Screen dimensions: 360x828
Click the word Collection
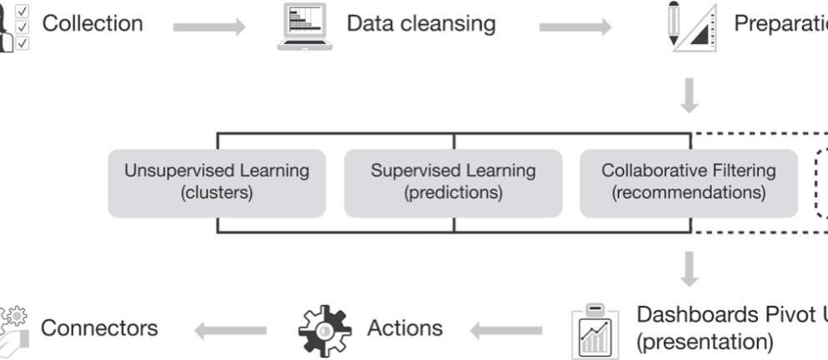92,23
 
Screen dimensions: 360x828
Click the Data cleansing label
420,23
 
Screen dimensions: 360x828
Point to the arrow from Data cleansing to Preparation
575,27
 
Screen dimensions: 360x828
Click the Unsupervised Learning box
217,182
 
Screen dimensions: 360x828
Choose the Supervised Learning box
454,182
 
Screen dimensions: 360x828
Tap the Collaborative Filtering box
688,182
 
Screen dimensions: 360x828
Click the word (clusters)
217,193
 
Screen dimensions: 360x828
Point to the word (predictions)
454,193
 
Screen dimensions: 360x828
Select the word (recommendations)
688,193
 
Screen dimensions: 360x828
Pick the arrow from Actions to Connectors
230,332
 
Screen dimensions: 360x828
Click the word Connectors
99,327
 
